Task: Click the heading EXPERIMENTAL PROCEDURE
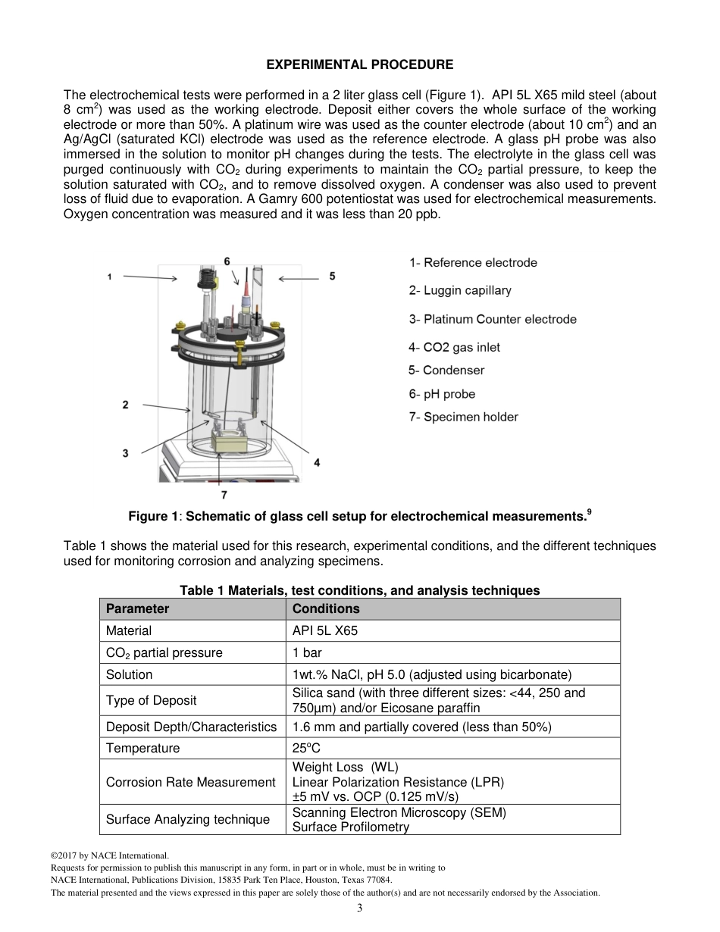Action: pyautogui.click(x=360, y=65)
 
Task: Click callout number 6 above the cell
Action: pyautogui.click(x=227, y=261)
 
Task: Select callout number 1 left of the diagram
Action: pyautogui.click(x=110, y=277)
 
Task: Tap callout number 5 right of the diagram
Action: pyautogui.click(x=332, y=277)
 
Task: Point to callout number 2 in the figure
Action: pyautogui.click(x=125, y=405)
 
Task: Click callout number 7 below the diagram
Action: pyautogui.click(x=224, y=496)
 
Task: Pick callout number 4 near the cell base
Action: pyautogui.click(x=316, y=461)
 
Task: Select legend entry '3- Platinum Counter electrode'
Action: pyautogui.click(x=493, y=319)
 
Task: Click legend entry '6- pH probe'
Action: pyautogui.click(x=442, y=394)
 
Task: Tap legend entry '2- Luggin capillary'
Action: pyautogui.click(x=460, y=290)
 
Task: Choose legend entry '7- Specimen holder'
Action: pyautogui.click(x=464, y=417)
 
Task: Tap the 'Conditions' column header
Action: pyautogui.click(x=326, y=608)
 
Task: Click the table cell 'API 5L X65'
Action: pyautogui.click(x=324, y=630)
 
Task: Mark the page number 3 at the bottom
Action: pyautogui.click(x=360, y=909)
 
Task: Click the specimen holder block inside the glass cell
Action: pyautogui.click(x=230, y=441)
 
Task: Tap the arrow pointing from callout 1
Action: pyautogui.click(x=149, y=278)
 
